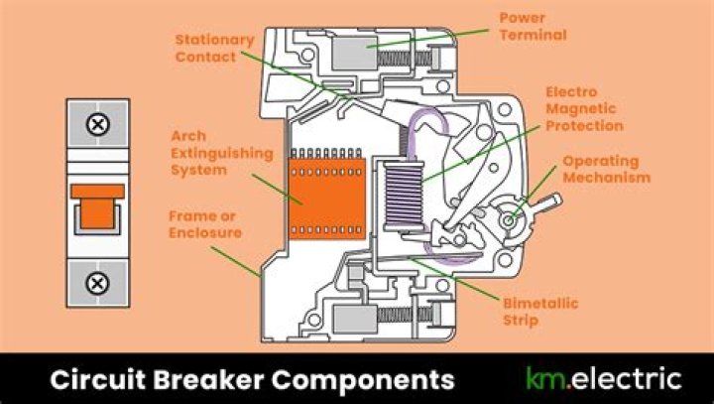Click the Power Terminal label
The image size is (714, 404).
[533, 27]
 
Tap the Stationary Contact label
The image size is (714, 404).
[214, 48]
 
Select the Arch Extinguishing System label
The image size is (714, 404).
[222, 153]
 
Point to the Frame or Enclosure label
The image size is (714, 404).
[205, 224]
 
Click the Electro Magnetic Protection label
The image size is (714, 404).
[584, 108]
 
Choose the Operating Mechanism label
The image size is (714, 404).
[607, 169]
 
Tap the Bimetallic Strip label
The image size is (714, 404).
[540, 312]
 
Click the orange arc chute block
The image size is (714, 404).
[327, 199]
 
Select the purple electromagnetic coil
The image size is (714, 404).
[404, 197]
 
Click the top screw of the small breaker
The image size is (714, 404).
[98, 124]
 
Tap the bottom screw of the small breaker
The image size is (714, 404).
[97, 283]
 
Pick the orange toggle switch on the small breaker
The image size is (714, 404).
[97, 206]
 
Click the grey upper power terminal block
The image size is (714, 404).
[355, 54]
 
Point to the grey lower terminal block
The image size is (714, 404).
[355, 320]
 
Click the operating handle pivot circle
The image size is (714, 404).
[509, 220]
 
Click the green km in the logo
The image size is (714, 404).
[545, 378]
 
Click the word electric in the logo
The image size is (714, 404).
[626, 378]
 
